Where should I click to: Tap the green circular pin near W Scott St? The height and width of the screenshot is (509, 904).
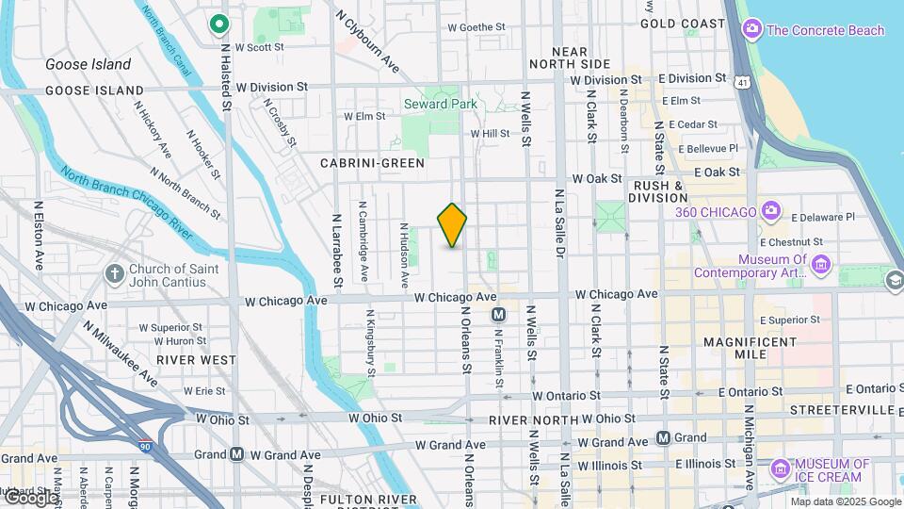point(219,23)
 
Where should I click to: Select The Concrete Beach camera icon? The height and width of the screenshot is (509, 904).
point(752,30)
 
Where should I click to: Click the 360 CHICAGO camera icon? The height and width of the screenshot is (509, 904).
point(771,211)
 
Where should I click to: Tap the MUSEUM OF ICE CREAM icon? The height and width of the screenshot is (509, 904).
point(779,468)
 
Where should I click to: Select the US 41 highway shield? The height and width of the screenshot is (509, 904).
point(744,83)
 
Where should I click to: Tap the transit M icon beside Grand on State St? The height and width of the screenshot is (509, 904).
point(663,437)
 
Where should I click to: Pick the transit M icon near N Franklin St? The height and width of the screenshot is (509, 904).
point(498,315)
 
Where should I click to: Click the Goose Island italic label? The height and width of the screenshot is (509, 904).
point(89,65)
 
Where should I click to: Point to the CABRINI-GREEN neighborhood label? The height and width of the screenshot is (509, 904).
point(372,163)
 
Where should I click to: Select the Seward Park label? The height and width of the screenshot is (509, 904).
point(441,104)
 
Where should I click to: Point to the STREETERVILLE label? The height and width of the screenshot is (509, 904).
point(842,410)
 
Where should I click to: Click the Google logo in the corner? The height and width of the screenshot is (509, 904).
point(30,498)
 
